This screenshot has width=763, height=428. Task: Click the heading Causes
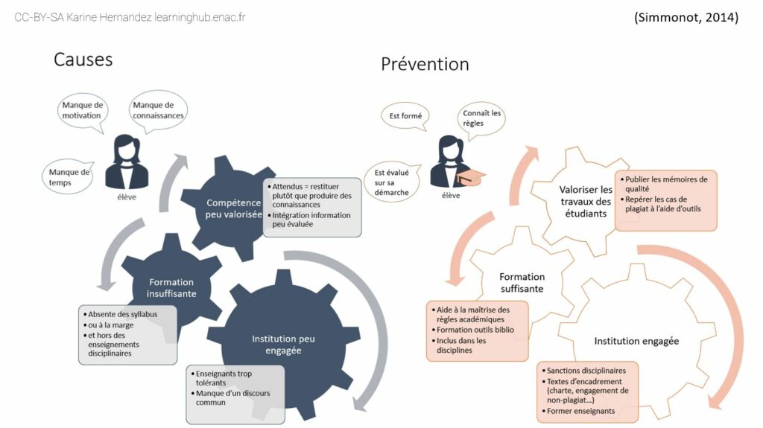[x=83, y=60]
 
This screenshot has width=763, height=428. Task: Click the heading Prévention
[x=425, y=64]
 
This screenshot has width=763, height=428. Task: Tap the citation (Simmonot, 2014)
[x=686, y=18]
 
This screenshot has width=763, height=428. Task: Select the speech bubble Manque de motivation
[x=82, y=112]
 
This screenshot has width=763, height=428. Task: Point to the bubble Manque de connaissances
[x=158, y=110]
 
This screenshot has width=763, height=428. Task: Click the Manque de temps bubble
[x=69, y=177]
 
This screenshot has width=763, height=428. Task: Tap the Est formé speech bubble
[x=405, y=116]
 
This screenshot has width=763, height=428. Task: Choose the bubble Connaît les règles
[x=481, y=118]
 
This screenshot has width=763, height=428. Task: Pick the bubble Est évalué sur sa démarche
[x=391, y=182]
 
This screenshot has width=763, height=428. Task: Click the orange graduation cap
[x=470, y=177]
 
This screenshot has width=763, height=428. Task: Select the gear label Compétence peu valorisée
[x=233, y=208]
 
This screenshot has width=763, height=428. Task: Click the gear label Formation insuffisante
[x=171, y=288]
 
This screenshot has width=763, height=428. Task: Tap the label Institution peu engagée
[x=283, y=345]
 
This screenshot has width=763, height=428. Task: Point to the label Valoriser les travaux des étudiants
[x=586, y=202]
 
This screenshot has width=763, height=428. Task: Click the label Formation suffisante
[x=522, y=283]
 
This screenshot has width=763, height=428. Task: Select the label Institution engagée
[x=636, y=341]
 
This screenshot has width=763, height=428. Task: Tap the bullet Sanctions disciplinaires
[x=584, y=371]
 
